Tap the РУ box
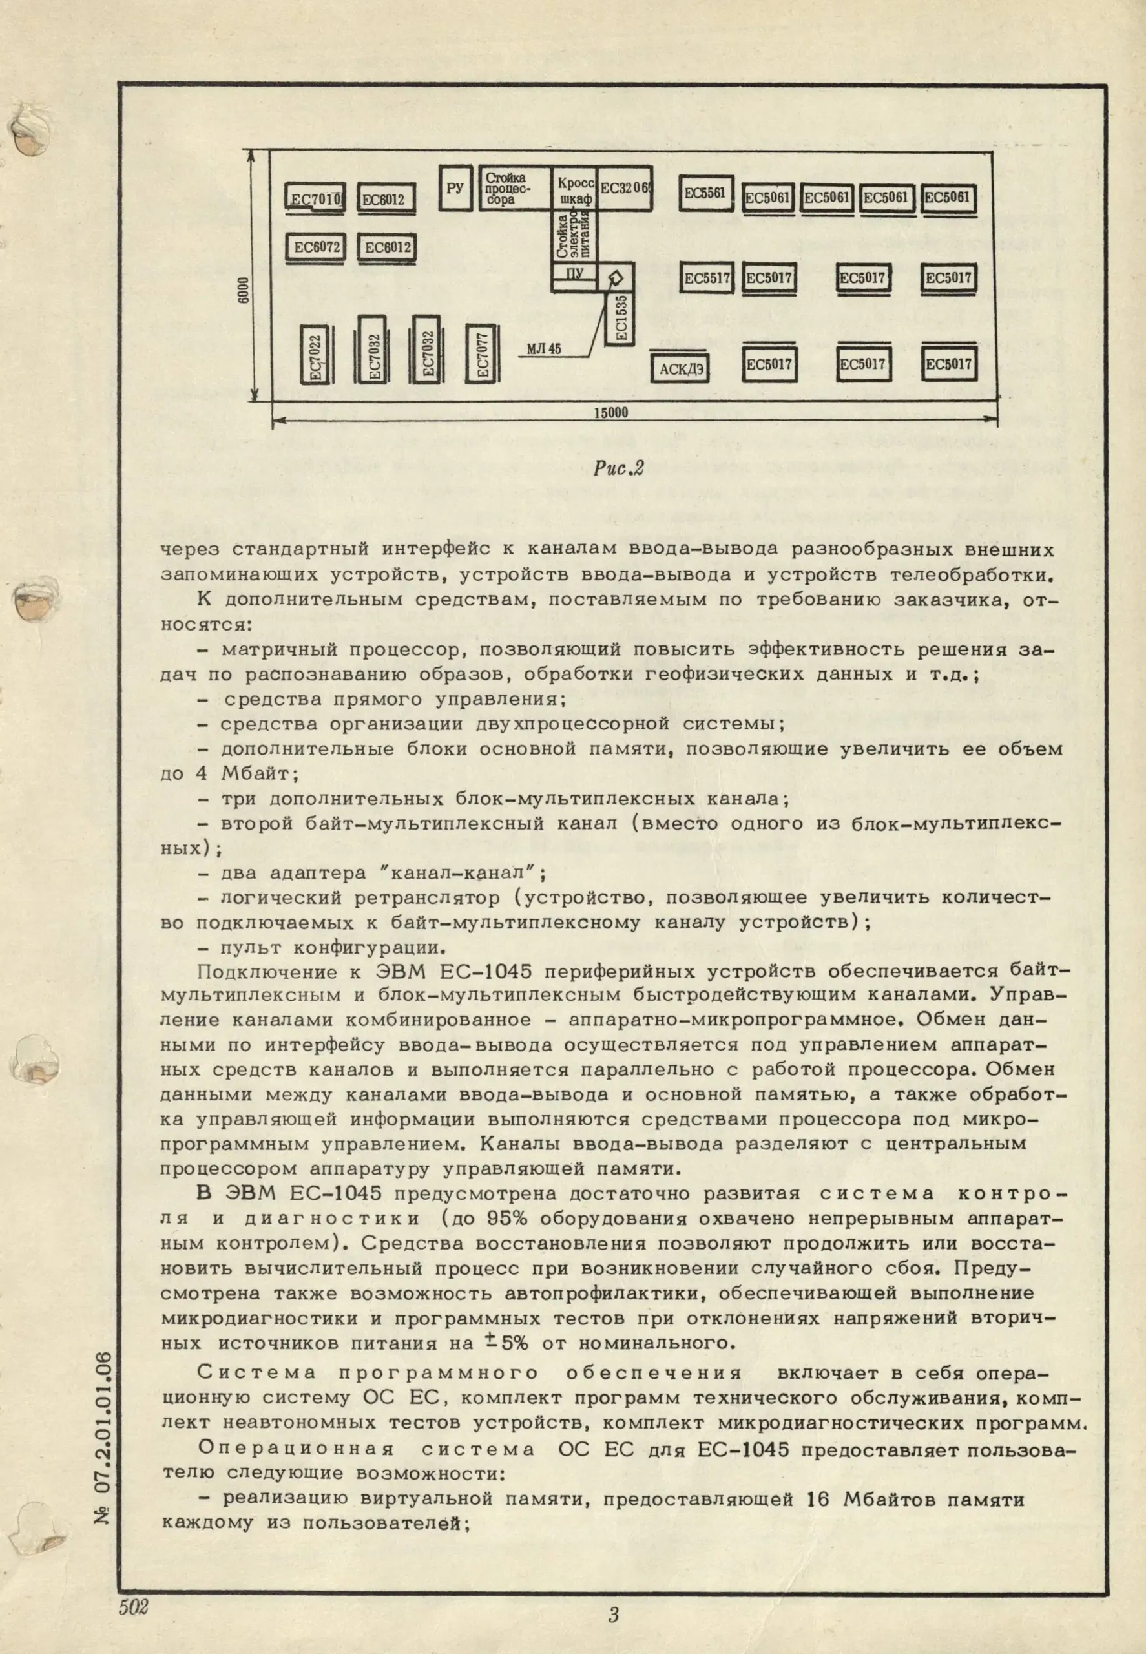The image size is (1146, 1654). click(x=455, y=188)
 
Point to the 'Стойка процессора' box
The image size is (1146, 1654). click(x=514, y=188)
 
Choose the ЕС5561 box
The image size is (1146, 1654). click(x=705, y=193)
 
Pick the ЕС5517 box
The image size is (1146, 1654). click(x=707, y=278)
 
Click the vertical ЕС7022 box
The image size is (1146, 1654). click(x=315, y=354)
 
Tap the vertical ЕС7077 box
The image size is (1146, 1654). click(x=483, y=354)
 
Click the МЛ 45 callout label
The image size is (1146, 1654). click(x=543, y=350)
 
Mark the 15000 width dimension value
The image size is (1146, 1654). click(x=611, y=412)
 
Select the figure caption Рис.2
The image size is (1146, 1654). click(x=618, y=470)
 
